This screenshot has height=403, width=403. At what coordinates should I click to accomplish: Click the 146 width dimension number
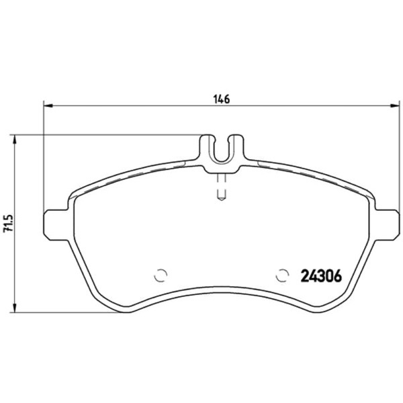[222, 99]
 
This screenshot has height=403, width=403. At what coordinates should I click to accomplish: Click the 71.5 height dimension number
[7, 224]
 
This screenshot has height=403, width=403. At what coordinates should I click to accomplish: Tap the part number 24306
[321, 276]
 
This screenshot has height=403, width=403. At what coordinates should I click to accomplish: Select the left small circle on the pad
[161, 275]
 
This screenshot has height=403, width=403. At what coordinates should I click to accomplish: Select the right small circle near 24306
[282, 275]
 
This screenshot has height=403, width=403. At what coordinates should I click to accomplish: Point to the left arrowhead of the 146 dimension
[48, 105]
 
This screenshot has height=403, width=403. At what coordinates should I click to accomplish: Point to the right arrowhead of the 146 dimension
[395, 105]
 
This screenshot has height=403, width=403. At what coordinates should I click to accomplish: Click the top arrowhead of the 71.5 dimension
[15, 140]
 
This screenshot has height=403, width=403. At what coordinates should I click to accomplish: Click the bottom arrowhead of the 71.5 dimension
[15, 308]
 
